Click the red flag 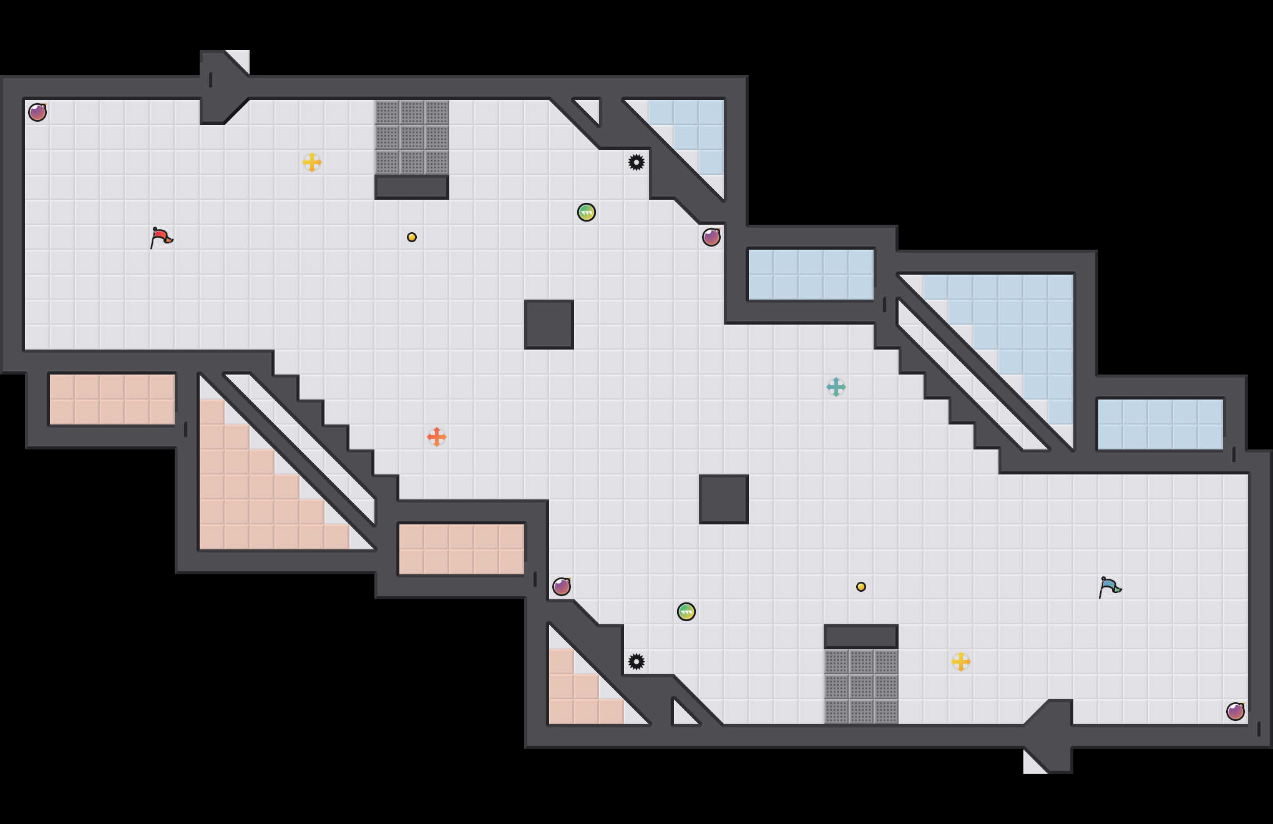pyautogui.click(x=161, y=237)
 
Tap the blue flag pyautogui.click(x=1110, y=587)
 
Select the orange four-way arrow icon pyautogui.click(x=437, y=437)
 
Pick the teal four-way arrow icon pyautogui.click(x=836, y=387)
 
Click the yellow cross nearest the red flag pyautogui.click(x=312, y=162)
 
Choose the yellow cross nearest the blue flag pyautogui.click(x=961, y=662)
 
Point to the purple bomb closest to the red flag pyautogui.click(x=37, y=112)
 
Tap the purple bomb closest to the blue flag pyautogui.click(x=1236, y=712)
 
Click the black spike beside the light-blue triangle pyautogui.click(x=636, y=162)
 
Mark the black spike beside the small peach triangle pyautogui.click(x=636, y=662)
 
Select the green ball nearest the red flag pyautogui.click(x=587, y=212)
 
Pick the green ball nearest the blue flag pyautogui.click(x=686, y=612)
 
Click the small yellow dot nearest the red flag pyautogui.click(x=412, y=237)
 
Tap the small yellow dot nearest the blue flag pyautogui.click(x=861, y=587)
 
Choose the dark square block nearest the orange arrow pyautogui.click(x=549, y=325)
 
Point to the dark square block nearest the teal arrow pyautogui.click(x=724, y=499)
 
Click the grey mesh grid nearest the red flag pyautogui.click(x=412, y=137)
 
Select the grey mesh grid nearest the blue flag pyautogui.click(x=861, y=687)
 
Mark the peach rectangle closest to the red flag pyautogui.click(x=112, y=400)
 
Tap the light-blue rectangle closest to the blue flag pyautogui.click(x=1161, y=424)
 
